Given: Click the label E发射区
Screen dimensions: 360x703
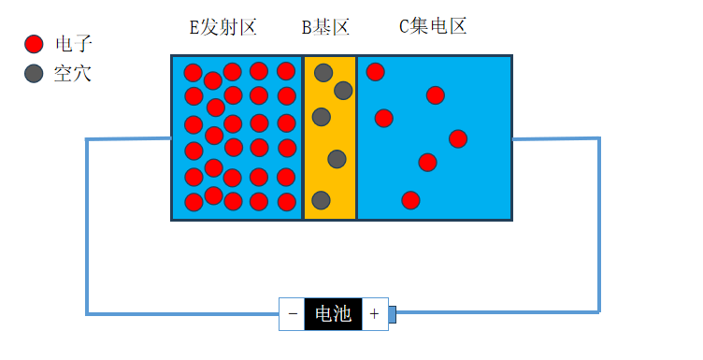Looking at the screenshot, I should click(x=222, y=27).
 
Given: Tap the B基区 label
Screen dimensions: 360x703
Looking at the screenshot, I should click(x=324, y=27).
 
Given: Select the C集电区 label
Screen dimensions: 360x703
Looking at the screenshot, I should click(x=433, y=26).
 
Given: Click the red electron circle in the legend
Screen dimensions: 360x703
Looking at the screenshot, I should click(x=35, y=44).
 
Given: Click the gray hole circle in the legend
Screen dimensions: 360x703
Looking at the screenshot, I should click(x=35, y=73).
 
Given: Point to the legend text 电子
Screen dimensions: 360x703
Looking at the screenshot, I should click(x=74, y=44).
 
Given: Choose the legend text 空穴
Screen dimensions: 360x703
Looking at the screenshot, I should click(x=73, y=73).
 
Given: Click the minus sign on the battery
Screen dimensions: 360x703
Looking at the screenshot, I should click(x=293, y=314).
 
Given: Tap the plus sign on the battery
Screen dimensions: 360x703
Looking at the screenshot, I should click(x=374, y=314).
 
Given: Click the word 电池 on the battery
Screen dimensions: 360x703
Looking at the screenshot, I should click(x=334, y=314).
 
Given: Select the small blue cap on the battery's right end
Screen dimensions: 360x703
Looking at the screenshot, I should click(x=393, y=314).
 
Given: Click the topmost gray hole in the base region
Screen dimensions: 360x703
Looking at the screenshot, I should click(x=323, y=72).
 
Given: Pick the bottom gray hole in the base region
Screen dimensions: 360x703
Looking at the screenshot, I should click(x=321, y=200).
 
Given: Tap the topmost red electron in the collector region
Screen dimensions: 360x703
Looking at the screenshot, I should click(x=375, y=71).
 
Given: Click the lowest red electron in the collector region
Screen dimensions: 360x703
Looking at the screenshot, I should click(x=410, y=200).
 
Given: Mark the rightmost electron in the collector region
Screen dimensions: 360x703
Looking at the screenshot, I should click(x=458, y=138).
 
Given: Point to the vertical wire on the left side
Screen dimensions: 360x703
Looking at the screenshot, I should click(x=88, y=224).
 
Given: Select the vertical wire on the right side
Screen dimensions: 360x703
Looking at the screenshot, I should click(x=599, y=224).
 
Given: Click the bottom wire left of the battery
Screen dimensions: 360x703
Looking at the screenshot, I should click(x=182, y=312).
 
